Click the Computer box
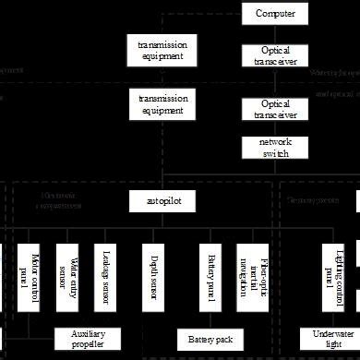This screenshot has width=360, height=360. [x=276, y=13]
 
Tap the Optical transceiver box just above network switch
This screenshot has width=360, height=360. [x=276, y=110]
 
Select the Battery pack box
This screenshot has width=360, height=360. [x=211, y=339]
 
